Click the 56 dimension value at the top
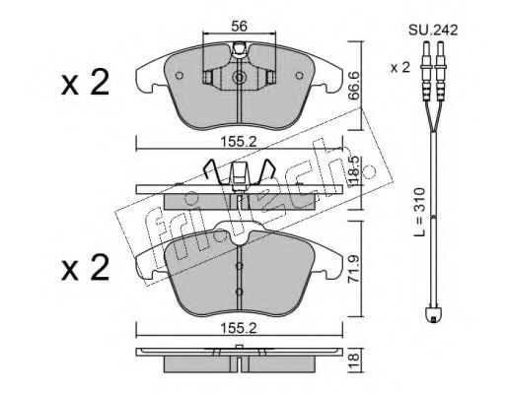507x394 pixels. (x=239, y=26)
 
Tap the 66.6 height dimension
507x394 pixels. (x=354, y=86)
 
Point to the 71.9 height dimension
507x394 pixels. (x=354, y=269)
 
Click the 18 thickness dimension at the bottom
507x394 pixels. (x=354, y=361)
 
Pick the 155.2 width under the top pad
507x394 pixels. (x=239, y=142)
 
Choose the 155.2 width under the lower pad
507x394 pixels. (x=239, y=328)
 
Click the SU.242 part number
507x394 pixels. (x=433, y=31)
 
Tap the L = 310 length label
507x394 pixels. (x=418, y=212)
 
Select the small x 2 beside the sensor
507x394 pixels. (x=400, y=68)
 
